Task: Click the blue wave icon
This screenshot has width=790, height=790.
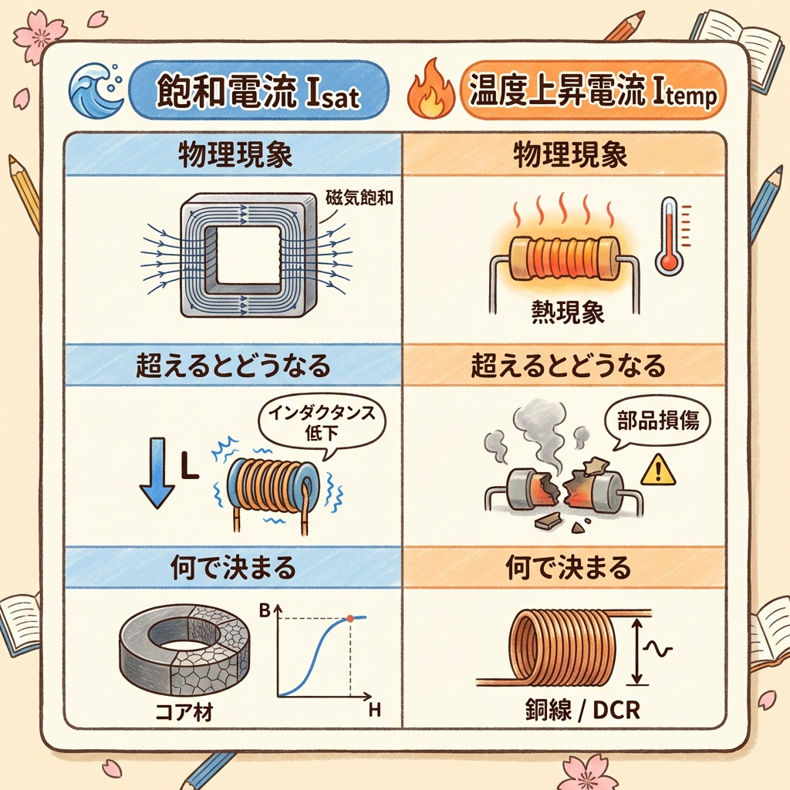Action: (x=96, y=91)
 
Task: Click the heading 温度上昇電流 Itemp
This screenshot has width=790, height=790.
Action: (x=592, y=91)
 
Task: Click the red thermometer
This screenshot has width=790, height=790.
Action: (x=670, y=235)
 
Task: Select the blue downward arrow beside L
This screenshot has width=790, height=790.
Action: (x=157, y=472)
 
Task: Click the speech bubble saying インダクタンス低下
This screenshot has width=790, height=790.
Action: (x=321, y=424)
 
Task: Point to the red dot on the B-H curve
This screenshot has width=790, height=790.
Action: (x=349, y=618)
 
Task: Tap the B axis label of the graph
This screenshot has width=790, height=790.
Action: (x=265, y=611)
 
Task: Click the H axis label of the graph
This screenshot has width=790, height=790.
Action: (x=374, y=711)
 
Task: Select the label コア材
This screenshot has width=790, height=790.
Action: (x=184, y=712)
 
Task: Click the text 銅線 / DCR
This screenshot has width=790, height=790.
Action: (x=582, y=711)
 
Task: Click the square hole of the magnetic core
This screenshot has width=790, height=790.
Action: (x=242, y=255)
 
